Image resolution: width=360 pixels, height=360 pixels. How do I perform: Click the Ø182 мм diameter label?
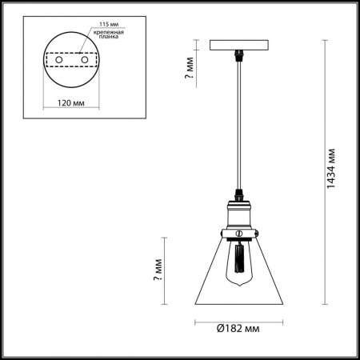[x=240, y=329]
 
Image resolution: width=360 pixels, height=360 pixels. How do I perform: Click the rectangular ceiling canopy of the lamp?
[x=238, y=44]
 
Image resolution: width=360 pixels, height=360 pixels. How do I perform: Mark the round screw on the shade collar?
[x=238, y=234]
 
